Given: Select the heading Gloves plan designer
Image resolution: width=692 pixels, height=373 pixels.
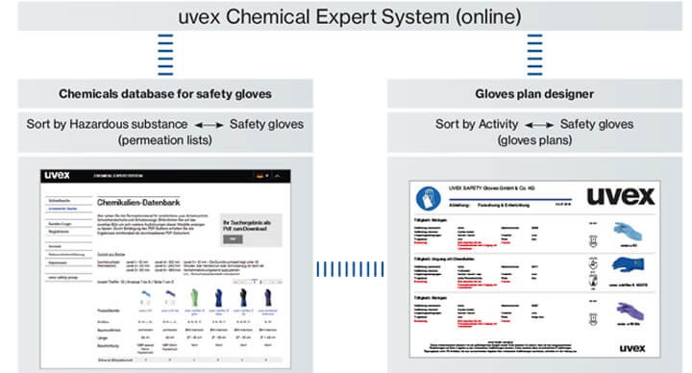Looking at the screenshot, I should [x=533, y=93].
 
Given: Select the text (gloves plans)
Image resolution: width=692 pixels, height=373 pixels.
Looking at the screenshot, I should [x=533, y=141].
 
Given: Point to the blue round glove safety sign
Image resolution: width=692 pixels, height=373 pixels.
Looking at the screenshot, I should [x=427, y=198].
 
